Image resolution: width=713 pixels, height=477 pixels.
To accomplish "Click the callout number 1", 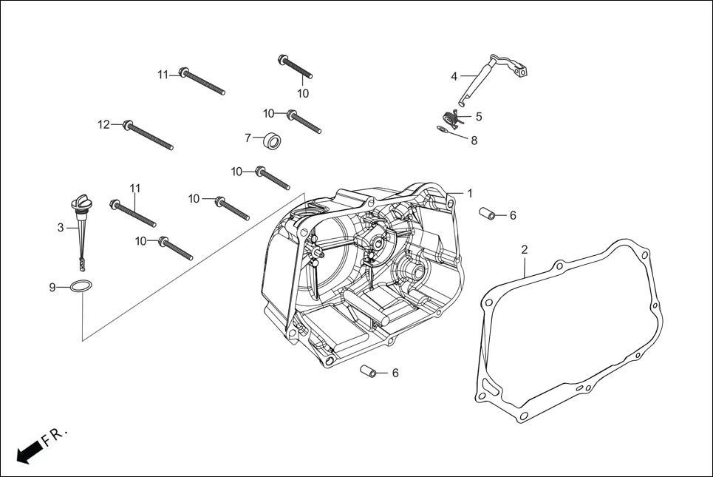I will (469, 193).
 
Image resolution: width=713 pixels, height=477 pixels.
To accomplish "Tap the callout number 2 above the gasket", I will (525, 250).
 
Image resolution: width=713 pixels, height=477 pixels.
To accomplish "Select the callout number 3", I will (61, 228).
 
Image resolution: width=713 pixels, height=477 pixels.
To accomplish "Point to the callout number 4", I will (454, 75).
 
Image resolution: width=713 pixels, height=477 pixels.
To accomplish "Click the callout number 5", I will (479, 116).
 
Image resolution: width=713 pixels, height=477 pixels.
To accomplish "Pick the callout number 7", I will (248, 138).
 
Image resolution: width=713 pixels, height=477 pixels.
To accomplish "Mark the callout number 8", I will (474, 141).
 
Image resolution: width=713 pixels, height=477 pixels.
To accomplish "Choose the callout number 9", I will (52, 287).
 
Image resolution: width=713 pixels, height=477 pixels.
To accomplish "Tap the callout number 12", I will (103, 124).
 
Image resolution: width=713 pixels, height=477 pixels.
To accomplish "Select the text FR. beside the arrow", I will (55, 437).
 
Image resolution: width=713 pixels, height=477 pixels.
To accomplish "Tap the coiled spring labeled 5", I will (450, 117).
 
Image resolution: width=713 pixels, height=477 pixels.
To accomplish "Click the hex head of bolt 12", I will (128, 125).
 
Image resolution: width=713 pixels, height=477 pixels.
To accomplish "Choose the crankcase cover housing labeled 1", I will (362, 274).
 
